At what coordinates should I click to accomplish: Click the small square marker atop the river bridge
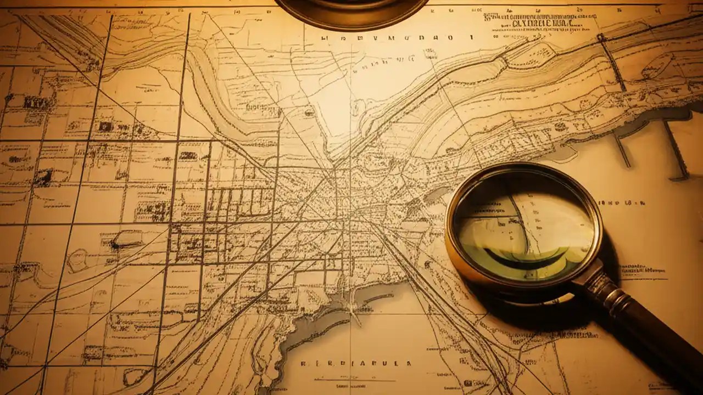pos(601,37)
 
